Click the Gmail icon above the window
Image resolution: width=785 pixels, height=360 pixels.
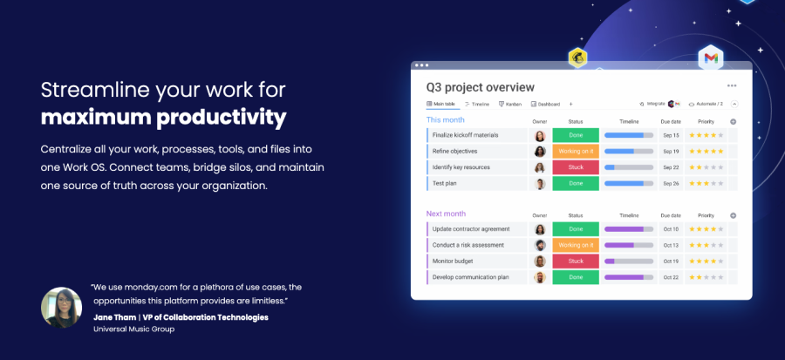click(711, 58)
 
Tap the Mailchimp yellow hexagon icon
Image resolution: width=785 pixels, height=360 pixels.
click(577, 58)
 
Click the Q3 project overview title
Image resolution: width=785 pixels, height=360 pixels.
click(480, 87)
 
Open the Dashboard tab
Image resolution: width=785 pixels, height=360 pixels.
click(548, 104)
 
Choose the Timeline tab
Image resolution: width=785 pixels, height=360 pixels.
click(477, 104)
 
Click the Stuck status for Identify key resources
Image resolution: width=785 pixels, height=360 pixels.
click(576, 167)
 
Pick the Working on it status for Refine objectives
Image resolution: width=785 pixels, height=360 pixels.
click(576, 151)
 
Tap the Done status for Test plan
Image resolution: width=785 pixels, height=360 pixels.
click(576, 184)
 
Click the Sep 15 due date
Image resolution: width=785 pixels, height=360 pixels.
click(671, 135)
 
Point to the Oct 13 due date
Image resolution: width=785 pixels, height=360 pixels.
click(671, 245)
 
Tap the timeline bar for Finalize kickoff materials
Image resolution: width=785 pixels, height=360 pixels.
click(629, 135)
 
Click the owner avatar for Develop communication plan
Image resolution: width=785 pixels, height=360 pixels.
click(540, 277)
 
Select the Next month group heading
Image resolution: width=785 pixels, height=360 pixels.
click(446, 214)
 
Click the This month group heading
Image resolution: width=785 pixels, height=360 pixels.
click(445, 119)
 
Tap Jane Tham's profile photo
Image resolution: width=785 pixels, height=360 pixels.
click(61, 307)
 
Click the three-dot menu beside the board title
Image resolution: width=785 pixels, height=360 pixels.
click(732, 86)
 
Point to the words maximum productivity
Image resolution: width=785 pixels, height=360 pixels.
click(163, 117)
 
